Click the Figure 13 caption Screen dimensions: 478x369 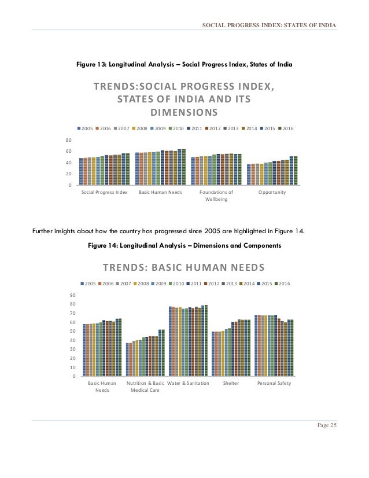click(184, 65)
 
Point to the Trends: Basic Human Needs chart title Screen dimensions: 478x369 click(183, 267)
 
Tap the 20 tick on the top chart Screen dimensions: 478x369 click(69, 174)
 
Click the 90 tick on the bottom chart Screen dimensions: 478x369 click(72, 295)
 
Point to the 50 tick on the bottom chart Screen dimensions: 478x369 click(72, 332)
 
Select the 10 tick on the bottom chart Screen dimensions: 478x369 click(72, 368)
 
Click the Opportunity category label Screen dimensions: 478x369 click(272, 192)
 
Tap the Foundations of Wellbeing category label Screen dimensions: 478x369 click(216, 195)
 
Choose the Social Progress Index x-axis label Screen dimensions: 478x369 click(104, 192)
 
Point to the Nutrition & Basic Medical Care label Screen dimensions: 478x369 click(145, 387)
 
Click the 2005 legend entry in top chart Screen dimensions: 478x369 click(86, 128)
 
